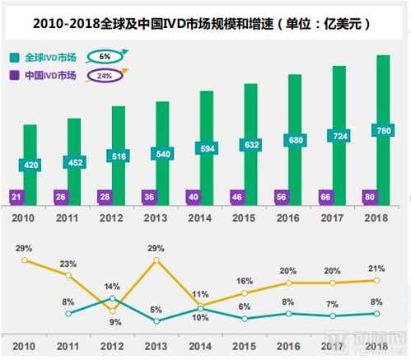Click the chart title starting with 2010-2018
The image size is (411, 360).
point(205,24)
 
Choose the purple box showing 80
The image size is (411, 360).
point(371,197)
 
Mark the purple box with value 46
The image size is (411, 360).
point(237,197)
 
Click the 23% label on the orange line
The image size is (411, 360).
point(68,264)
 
